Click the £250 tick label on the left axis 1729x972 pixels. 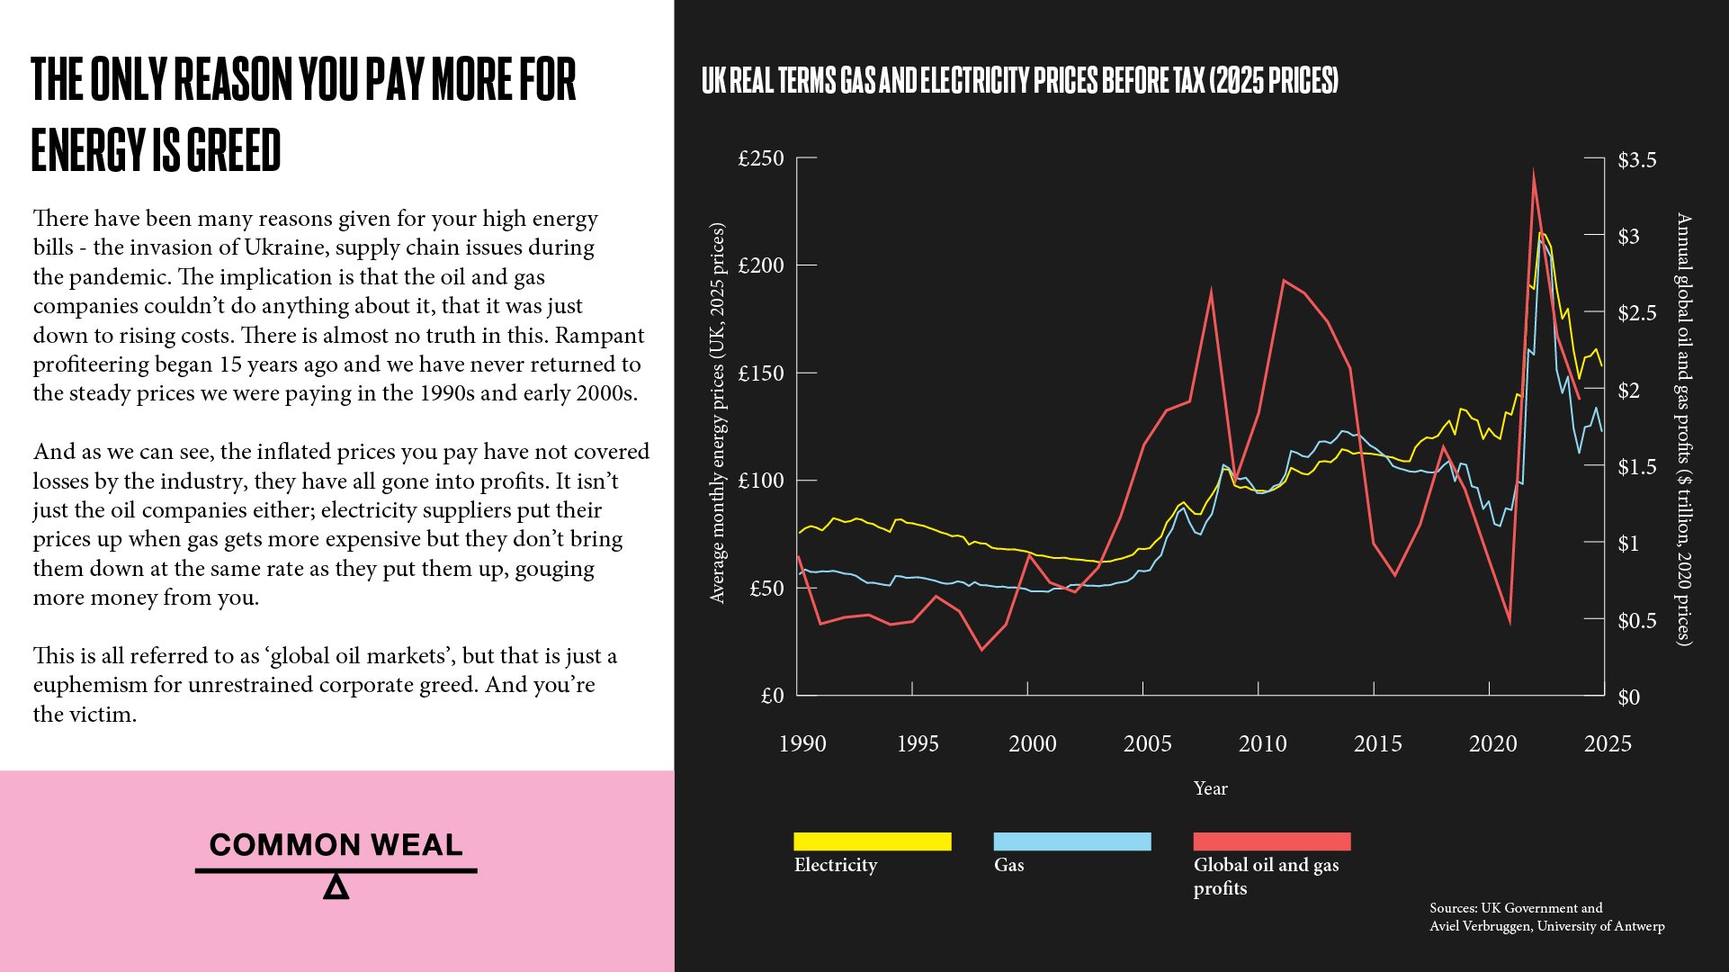760,159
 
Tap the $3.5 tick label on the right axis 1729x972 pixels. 1636,160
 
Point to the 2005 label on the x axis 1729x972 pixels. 1147,744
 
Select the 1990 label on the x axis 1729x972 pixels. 802,744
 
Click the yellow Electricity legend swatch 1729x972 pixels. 872,841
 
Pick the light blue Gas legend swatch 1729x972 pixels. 1071,841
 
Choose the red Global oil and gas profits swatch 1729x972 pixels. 1271,841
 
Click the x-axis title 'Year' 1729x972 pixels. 1210,788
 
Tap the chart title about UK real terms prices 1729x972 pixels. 1019,81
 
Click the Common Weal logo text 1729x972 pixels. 336,845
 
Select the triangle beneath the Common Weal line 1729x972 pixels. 336,887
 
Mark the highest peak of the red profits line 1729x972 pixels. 1534,172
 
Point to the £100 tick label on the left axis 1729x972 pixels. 760,481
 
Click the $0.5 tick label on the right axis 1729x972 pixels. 1636,621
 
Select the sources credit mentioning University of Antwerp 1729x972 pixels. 1546,917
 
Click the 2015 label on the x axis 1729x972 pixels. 1377,744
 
